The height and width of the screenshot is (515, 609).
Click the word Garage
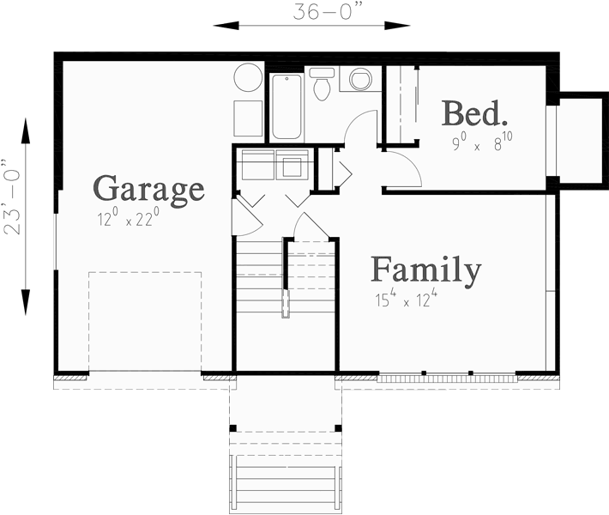(148, 187)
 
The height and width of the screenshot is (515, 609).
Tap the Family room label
(425, 270)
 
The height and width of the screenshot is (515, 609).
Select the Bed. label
(474, 112)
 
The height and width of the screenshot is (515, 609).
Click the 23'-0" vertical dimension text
(12, 197)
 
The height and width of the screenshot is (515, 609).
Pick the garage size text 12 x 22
(129, 219)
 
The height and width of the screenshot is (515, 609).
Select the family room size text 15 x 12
(406, 300)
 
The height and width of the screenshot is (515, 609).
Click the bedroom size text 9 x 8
(483, 142)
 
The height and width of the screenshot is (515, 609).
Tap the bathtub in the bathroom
(286, 106)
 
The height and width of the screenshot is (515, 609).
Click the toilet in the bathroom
(322, 84)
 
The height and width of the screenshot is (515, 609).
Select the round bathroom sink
(361, 80)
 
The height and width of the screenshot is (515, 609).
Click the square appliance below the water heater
(248, 118)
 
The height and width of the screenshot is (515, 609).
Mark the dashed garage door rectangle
(144, 321)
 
